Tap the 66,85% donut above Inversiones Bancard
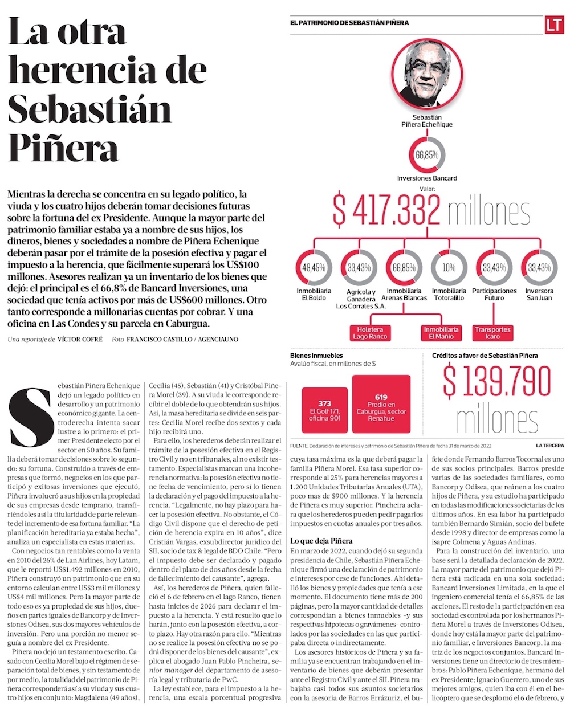[426, 155]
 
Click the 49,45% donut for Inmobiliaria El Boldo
[313, 267]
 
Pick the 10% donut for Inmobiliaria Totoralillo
[449, 267]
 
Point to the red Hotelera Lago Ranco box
[370, 333]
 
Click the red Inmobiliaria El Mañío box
[441, 333]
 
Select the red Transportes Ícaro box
[492, 333]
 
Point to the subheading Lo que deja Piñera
[321, 540]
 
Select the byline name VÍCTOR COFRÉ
[80, 339]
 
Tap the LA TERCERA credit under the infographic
[549, 445]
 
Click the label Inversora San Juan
[539, 294]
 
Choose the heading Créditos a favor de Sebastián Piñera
[485, 356]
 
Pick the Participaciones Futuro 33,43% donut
[494, 267]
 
